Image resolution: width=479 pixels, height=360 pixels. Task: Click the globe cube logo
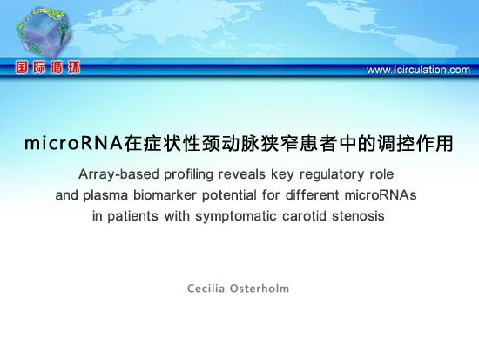coord(44,32)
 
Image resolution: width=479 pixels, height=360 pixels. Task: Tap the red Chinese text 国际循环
coord(48,67)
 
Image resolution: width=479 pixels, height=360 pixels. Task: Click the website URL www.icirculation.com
coord(418,70)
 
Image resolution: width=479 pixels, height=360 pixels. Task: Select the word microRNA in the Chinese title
coord(74,143)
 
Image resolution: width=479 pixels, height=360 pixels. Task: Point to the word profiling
coord(188,174)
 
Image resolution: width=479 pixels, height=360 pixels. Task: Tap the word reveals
coord(241,174)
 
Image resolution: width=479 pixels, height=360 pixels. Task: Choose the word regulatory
coord(332,174)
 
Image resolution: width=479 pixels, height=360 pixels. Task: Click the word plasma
coord(105,195)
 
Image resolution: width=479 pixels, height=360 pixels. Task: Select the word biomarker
coord(165,195)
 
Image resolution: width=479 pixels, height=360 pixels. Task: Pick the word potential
coord(229,195)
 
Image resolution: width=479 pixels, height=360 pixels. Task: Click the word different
coord(312,195)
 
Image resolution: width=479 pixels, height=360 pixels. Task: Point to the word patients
coord(132,216)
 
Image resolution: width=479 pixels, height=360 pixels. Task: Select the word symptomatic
coord(236,216)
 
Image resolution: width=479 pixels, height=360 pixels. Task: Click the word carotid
coord(304,215)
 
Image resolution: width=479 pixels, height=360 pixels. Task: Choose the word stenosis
coord(358,215)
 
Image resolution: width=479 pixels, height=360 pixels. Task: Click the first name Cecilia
coord(206,289)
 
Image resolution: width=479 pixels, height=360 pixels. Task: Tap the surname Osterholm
coord(260,289)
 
